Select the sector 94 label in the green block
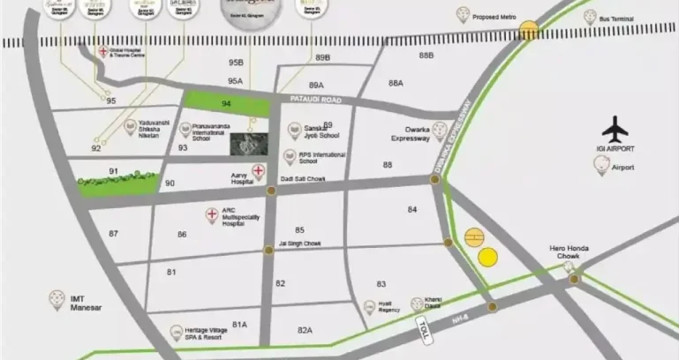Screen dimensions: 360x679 point(226,104)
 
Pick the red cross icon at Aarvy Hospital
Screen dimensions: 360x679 point(259,170)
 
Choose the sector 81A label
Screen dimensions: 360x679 point(239,325)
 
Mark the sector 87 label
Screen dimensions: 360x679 point(113,233)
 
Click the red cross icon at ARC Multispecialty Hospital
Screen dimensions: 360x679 point(211,214)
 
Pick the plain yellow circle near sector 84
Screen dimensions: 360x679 point(487,257)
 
